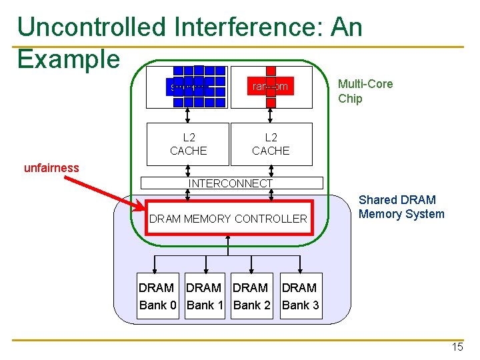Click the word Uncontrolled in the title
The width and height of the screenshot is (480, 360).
coord(91,27)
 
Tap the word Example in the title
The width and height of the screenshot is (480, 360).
coord(68,59)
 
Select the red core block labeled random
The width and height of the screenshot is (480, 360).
coord(270,87)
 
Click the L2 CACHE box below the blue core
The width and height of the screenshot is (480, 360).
coord(188,144)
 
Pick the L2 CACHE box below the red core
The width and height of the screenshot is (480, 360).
coord(271,144)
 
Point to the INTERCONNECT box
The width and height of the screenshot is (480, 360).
coord(230,183)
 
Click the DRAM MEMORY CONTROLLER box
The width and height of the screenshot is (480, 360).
coord(229,218)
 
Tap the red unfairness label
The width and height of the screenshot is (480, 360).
coord(51,168)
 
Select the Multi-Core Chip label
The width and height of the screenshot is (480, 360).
coord(365,91)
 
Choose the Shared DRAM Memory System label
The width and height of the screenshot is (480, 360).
coord(401,207)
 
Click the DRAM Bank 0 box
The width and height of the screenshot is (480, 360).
coord(158,296)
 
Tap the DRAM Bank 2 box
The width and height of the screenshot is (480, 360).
coord(251,296)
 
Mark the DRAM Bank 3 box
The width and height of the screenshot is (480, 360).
coord(300,296)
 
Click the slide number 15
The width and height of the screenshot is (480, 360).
coord(457,347)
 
